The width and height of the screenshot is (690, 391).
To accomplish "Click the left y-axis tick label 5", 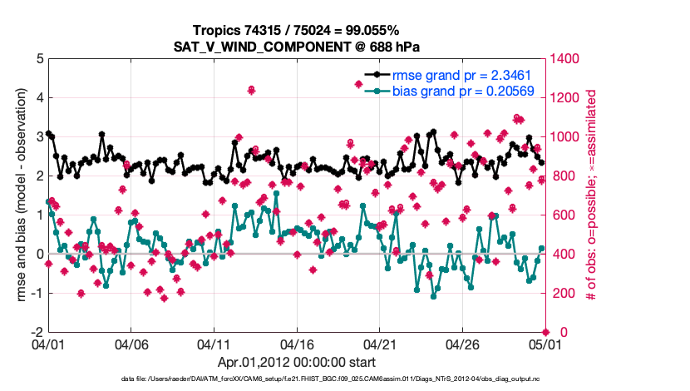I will pos(39,59).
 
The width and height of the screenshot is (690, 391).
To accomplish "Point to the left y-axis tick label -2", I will pos(37,332).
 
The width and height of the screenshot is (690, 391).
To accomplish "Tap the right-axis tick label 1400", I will pos(565,59).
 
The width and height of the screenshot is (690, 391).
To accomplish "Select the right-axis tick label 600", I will pos(562,215).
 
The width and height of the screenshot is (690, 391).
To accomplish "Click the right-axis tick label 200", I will pos(562,294).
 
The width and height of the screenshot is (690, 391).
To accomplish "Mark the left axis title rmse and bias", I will pos(17,195).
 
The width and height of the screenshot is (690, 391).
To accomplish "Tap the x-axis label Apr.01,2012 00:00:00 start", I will pos(296,362).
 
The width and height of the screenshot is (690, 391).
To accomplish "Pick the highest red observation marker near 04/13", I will pos(251,90).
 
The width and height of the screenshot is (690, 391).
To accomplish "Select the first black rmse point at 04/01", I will pos(48,133).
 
